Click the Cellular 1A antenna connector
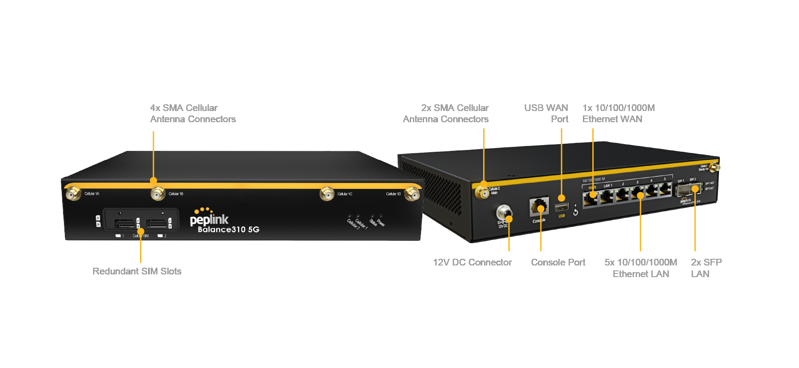pos(73,194)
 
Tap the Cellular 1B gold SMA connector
pos(157,194)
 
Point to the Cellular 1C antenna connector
pos(327,194)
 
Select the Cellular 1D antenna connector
pos(412,194)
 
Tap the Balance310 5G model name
pos(228,230)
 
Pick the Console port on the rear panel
pos(539,206)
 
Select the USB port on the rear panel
pos(561,207)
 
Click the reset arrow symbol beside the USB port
pos(575,212)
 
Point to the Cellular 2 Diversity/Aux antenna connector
pos(714,167)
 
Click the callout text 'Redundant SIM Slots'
pos(137,271)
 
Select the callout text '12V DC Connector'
pos(472,262)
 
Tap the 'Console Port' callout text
pos(558,262)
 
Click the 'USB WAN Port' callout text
pos(546,113)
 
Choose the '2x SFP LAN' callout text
pos(706,268)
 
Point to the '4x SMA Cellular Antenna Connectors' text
pos(193,113)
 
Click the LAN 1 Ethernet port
pos(607,196)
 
